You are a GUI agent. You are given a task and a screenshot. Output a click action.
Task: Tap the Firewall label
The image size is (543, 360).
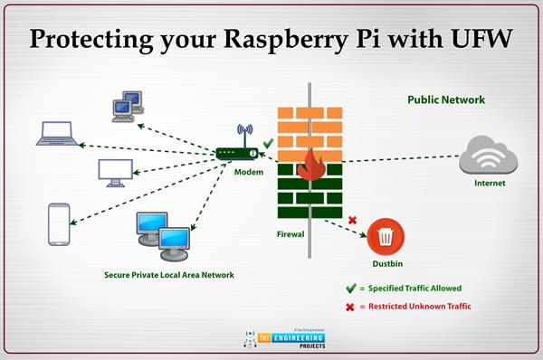290,233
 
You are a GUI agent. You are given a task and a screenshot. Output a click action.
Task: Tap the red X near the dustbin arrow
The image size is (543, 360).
352,220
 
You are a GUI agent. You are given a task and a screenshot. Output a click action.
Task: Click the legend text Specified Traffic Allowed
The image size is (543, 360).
423,289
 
